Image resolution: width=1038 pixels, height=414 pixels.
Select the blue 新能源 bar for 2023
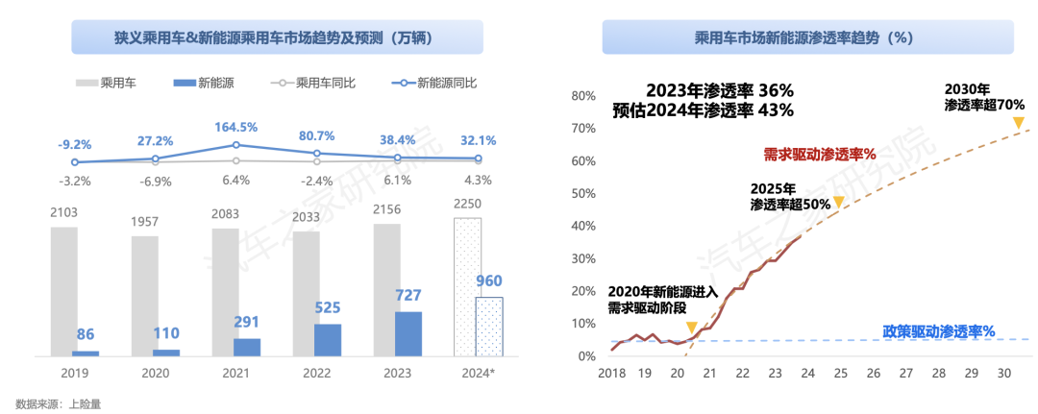[408, 333]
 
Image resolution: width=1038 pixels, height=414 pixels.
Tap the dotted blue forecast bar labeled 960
[489, 327]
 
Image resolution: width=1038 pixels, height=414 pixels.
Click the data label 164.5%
[236, 127]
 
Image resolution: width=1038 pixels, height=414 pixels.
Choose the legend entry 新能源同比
[434, 84]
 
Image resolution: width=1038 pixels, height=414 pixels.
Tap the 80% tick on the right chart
[584, 96]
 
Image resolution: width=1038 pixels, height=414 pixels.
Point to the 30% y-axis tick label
[584, 258]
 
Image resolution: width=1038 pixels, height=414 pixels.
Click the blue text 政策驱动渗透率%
[938, 331]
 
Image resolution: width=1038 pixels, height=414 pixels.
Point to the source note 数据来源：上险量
[59, 403]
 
